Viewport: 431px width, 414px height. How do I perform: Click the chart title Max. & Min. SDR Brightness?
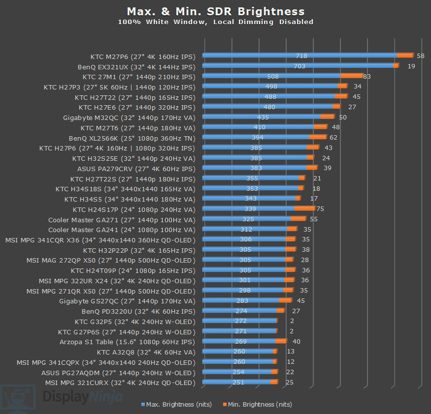215,11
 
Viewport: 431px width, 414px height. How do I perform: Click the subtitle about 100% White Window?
215,22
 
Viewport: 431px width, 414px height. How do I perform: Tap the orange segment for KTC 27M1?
351,76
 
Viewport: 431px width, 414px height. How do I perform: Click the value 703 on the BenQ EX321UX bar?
299,66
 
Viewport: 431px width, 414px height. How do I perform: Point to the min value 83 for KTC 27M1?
367,77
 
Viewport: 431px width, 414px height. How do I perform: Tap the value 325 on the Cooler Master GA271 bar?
248,219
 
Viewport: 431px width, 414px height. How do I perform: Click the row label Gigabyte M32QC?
129,118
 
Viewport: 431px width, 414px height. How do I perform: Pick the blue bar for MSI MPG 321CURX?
236,382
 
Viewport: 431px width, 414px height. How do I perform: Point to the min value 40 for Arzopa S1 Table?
296,342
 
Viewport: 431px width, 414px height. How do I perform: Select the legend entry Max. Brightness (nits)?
176,404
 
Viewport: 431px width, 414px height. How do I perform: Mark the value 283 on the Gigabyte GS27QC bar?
242,301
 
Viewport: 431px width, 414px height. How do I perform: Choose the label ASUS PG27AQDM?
118,372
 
